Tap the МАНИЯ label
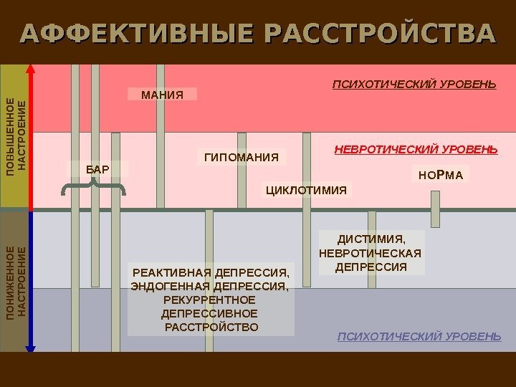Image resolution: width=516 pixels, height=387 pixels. (x=162, y=95)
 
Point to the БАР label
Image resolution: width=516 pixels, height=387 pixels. (x=97, y=169)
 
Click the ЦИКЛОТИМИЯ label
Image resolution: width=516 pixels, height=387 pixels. (x=306, y=190)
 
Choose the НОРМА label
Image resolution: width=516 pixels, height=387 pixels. (x=441, y=174)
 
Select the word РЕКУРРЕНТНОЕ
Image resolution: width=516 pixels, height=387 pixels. (x=210, y=300)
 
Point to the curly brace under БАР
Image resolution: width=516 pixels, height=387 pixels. (x=94, y=188)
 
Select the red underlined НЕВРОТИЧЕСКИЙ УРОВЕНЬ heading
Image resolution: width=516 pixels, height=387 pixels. (x=416, y=150)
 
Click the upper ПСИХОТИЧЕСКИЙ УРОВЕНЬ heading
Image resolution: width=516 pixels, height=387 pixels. (x=414, y=85)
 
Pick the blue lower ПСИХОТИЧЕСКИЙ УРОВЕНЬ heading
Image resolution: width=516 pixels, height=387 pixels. (x=419, y=335)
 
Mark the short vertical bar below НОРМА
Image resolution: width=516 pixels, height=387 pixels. (x=435, y=208)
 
